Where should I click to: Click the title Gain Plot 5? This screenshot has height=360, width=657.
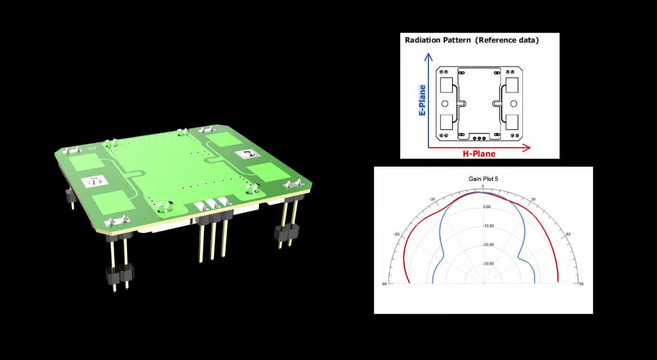[x=483, y=179]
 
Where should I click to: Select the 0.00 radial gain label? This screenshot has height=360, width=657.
[x=487, y=207]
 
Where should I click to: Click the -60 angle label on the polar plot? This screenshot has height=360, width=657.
[x=396, y=234]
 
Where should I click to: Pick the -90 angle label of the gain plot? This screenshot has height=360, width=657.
[x=384, y=284]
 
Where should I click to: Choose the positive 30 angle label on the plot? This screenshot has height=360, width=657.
[x=533, y=200]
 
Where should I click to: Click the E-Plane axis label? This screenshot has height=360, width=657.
[x=422, y=100]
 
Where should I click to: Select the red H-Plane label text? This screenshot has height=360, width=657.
[x=479, y=154]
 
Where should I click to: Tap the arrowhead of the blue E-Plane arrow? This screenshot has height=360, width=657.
[x=429, y=57]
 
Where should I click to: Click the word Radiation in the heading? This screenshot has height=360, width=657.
[x=421, y=40]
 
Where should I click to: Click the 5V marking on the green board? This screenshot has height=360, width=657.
[x=92, y=149]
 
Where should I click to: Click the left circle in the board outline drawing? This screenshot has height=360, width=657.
[x=445, y=103]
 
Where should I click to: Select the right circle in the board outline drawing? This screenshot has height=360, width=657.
[x=514, y=103]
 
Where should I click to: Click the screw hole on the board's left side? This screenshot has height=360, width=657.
[x=94, y=181]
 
